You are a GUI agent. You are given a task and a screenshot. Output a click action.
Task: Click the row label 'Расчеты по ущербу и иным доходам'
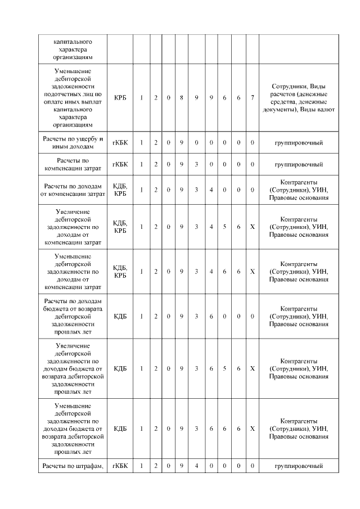[73, 142]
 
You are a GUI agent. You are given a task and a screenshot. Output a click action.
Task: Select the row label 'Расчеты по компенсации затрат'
[73, 164]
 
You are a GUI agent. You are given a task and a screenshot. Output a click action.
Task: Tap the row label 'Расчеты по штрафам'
[73, 466]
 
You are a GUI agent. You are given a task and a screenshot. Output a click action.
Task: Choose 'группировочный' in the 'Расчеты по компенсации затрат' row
[298, 164]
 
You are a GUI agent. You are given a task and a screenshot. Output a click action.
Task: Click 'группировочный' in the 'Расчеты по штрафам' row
[298, 466]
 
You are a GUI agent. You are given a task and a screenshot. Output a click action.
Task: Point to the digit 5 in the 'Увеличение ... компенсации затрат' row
[224, 226]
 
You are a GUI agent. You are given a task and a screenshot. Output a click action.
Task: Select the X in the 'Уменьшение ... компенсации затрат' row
[253, 271]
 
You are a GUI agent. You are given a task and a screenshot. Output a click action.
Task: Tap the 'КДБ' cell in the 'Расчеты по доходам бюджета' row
[120, 316]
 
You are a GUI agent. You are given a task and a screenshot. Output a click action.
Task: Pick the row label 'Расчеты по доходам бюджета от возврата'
[73, 316]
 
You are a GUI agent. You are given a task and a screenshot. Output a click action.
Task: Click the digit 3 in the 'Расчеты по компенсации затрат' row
[196, 164]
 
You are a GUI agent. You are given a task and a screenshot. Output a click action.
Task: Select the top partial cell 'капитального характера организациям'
[73, 49]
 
